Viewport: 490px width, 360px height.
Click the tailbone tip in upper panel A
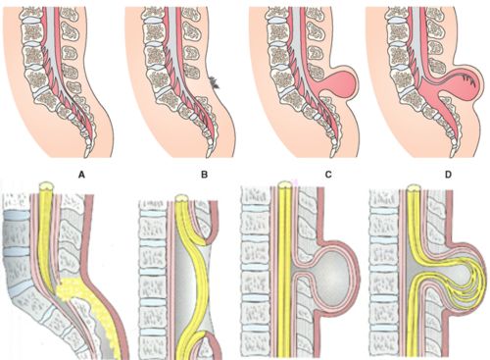[x=90, y=152]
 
